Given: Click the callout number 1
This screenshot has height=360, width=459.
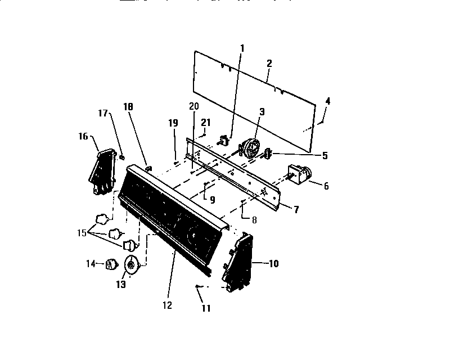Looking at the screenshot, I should click(242, 48).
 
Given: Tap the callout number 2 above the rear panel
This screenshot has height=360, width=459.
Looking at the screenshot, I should click(269, 63).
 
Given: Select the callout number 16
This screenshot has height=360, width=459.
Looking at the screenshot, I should click(83, 136).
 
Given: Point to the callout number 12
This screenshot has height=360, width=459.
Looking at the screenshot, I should click(166, 305).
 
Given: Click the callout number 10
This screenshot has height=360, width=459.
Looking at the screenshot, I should click(274, 263).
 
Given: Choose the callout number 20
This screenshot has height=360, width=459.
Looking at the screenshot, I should click(193, 106).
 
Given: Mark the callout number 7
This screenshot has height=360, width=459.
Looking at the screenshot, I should click(296, 210).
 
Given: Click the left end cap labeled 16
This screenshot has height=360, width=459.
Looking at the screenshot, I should click(100, 172).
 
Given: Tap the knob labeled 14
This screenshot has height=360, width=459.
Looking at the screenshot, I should click(111, 263).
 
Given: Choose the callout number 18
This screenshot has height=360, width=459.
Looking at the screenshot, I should click(128, 107).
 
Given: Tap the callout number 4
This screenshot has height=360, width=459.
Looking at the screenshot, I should click(328, 101).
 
